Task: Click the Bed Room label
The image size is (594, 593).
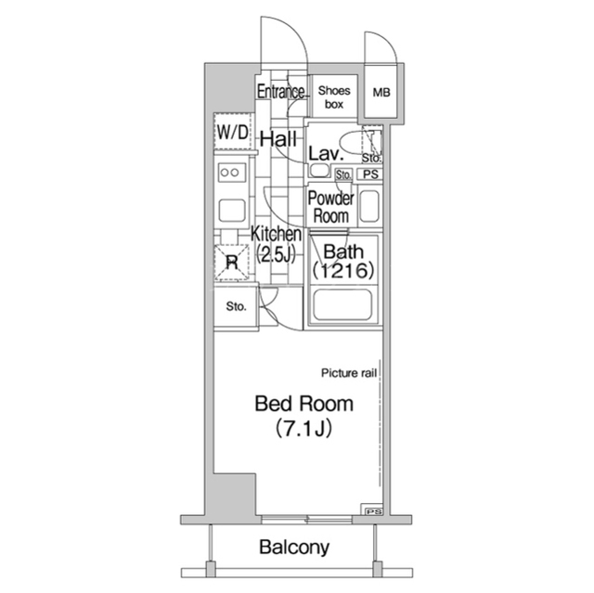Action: click(304, 404)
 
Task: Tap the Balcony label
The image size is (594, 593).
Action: click(294, 548)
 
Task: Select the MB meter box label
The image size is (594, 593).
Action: click(381, 92)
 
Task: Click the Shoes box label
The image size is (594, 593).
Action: click(334, 97)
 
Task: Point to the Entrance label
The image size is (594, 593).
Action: click(280, 92)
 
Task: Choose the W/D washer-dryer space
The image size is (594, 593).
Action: click(233, 132)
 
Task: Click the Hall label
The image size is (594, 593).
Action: click(278, 139)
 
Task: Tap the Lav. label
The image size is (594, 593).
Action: click(326, 154)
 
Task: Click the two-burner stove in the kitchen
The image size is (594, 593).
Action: click(231, 173)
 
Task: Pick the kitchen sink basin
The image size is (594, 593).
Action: click(232, 211)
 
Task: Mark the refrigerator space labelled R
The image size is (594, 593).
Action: click(231, 263)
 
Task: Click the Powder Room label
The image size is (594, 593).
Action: click(330, 207)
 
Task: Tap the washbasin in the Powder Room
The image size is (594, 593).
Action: click(369, 206)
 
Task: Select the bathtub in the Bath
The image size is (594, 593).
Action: click(343, 305)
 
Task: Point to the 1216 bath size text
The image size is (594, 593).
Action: click(343, 270)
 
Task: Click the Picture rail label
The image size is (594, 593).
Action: click(349, 373)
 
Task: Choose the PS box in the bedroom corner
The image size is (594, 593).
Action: click(373, 512)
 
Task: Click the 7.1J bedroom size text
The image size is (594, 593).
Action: click(303, 428)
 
